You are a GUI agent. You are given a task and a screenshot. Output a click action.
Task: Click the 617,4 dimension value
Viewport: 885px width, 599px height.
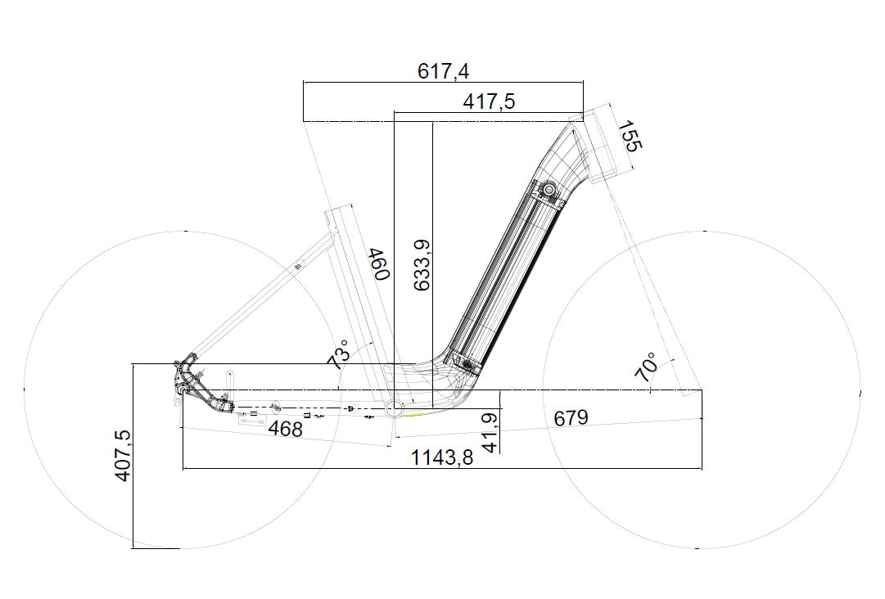[x=443, y=72]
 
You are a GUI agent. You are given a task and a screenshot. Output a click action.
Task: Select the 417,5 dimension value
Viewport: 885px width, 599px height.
[x=489, y=101]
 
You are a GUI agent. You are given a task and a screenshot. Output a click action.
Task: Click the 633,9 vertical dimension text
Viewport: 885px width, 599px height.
[x=422, y=265]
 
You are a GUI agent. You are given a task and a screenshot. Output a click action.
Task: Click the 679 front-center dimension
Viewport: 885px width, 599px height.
[x=571, y=418]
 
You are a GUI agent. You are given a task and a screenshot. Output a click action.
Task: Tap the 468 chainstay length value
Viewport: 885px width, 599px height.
[x=285, y=429]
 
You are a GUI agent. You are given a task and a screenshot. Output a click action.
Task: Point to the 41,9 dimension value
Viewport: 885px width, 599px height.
[x=491, y=433]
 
